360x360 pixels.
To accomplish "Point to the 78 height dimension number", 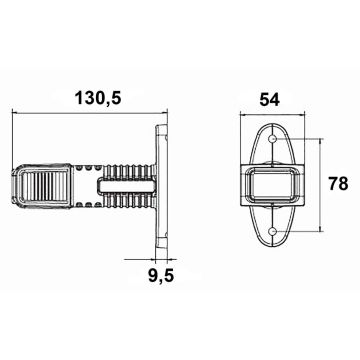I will pos(337,184).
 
